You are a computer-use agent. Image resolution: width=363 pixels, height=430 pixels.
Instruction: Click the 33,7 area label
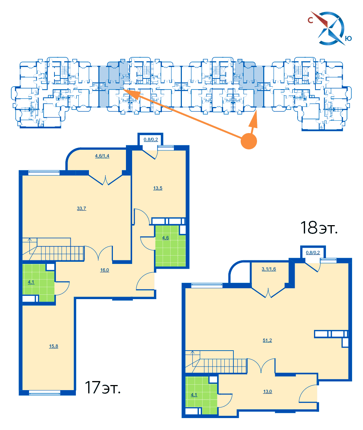point(81,208)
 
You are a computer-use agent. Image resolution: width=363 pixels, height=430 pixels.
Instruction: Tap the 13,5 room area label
point(158,188)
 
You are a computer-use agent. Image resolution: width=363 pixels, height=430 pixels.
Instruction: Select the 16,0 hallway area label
point(104,270)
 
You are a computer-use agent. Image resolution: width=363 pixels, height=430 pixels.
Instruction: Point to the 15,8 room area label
point(53,346)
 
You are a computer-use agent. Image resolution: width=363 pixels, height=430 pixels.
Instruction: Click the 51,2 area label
point(267,340)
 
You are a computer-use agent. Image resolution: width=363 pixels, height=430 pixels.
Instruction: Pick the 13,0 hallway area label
point(268,392)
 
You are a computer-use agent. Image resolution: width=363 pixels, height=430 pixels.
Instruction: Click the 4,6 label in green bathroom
point(165,238)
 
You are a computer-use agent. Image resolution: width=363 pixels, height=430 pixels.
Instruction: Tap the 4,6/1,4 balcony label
point(102,156)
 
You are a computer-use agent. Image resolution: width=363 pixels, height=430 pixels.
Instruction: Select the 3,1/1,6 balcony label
point(269,269)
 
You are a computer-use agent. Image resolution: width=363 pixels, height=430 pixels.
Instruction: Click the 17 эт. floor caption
point(102,387)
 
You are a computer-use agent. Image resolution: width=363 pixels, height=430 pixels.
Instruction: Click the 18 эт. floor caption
point(318,228)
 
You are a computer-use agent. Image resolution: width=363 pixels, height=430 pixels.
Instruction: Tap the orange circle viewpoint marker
point(249,141)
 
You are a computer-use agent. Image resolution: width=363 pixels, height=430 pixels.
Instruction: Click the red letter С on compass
point(311,20)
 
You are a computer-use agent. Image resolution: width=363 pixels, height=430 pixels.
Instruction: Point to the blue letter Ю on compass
point(348,38)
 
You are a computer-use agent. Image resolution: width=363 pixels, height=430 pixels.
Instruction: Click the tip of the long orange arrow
point(123,89)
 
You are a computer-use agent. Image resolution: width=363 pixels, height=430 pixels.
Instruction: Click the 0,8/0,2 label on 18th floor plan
point(313,253)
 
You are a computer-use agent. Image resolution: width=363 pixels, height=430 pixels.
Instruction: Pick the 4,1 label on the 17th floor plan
point(31,282)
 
